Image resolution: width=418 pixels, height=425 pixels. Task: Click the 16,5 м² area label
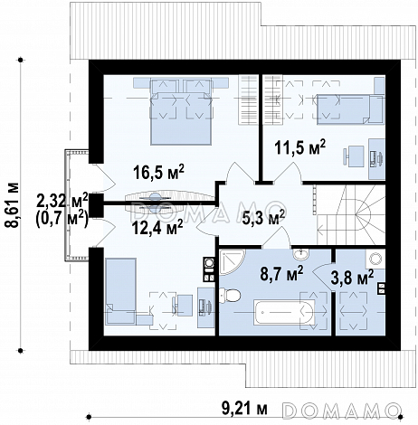tap(158, 173)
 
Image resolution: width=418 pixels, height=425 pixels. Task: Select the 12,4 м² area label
tap(157, 227)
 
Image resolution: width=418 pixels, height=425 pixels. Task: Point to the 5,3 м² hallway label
tap(263, 217)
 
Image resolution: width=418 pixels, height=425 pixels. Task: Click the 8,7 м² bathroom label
tap(282, 274)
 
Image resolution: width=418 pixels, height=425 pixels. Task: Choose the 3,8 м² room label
tap(352, 278)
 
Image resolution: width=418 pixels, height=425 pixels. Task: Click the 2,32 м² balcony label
tap(62, 200)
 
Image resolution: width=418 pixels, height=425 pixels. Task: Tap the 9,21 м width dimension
tap(244, 409)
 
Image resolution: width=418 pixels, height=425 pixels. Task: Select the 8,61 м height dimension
tap(14, 204)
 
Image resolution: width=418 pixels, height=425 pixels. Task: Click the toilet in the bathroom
tap(230, 296)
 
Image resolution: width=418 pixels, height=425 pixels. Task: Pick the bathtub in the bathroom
tap(283, 312)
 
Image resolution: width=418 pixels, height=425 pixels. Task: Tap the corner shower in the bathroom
tap(231, 262)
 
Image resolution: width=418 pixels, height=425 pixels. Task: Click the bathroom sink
tap(300, 255)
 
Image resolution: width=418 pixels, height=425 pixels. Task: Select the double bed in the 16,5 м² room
tap(180, 111)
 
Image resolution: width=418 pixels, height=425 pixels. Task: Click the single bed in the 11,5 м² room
tap(350, 109)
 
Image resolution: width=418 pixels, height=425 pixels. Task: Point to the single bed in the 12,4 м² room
tap(120, 291)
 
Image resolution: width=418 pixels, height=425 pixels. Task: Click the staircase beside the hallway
tap(351, 214)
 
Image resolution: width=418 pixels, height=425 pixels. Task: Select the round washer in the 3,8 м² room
tap(375, 259)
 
